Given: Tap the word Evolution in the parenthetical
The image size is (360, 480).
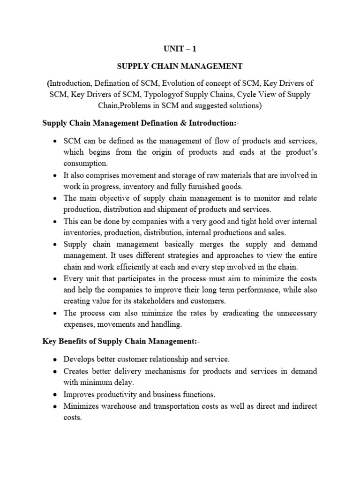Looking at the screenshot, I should click(x=180, y=82).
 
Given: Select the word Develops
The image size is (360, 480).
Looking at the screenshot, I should click(x=80, y=360).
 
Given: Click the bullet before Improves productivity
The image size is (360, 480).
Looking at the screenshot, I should click(x=55, y=395).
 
